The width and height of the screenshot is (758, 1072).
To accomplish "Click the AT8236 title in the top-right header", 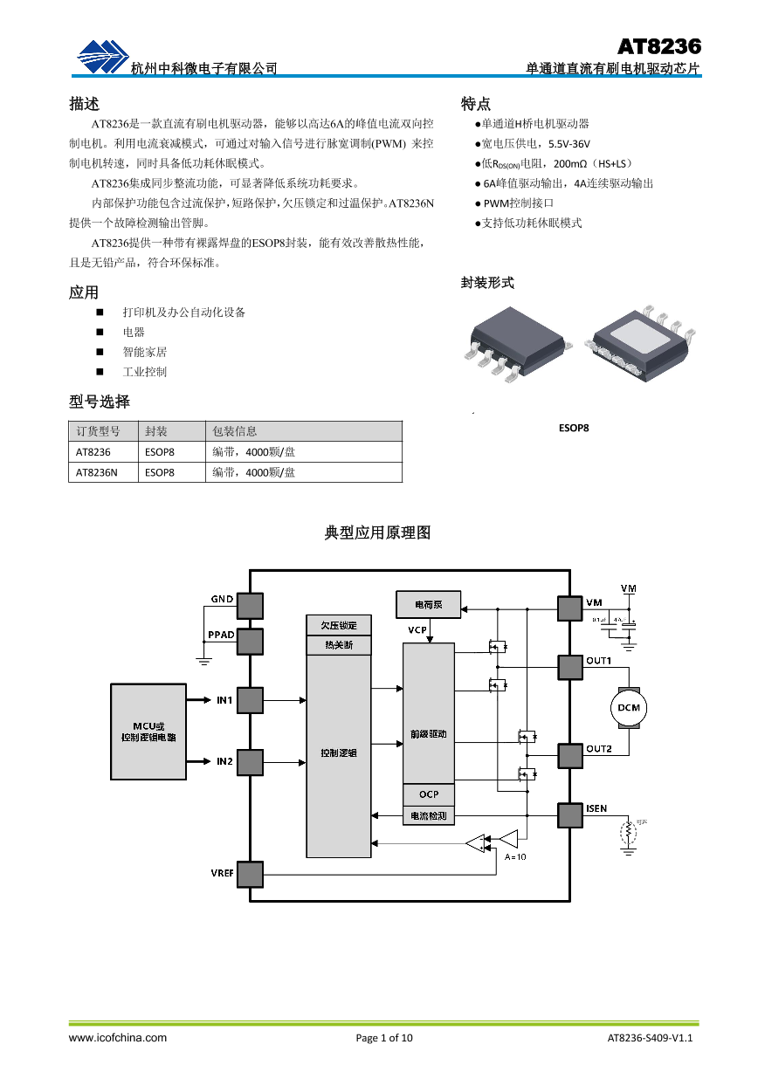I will pos(659,46).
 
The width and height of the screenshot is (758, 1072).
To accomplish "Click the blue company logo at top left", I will pos(102,58).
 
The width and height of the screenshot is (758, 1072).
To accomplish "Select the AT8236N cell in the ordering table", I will pos(96,472).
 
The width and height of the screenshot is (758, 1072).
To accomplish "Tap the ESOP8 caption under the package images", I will pos(574,429).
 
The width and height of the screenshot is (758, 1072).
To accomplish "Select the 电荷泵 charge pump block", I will pos(428,604).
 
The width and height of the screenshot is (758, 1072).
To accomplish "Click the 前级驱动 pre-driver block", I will pos(428,734).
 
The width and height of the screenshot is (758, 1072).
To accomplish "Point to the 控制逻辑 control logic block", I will pos(338,752).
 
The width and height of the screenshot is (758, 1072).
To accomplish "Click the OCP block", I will pos(428,794).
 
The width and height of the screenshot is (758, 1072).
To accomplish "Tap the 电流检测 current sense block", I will pos(428,816).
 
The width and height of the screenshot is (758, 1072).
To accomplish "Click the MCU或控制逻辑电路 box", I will pos(148,732).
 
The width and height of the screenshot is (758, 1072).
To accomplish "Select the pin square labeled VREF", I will pos(250,874).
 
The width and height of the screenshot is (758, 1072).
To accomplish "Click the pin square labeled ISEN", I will pos(570,814).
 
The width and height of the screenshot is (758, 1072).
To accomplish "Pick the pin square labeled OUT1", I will pos(570,667).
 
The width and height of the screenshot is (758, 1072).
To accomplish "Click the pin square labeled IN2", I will pos(250,762).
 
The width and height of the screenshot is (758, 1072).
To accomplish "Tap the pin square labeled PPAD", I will pos(250,642).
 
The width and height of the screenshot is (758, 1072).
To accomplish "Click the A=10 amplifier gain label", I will pos(516,856).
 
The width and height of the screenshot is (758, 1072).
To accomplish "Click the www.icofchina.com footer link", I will pos(118,1038).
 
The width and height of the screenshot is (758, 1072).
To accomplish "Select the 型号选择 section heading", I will pos(100,402).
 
